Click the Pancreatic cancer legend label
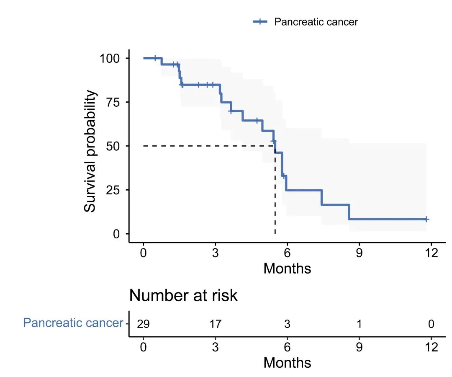[316, 22]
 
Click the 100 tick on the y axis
[110, 58]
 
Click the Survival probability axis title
[90, 152]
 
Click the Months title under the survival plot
[287, 268]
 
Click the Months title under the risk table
[287, 362]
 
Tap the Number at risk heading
[183, 295]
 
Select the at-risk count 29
[144, 324]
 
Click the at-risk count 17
[215, 324]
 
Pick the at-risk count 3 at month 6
[287, 324]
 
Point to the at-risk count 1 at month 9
[359, 324]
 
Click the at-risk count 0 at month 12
[431, 324]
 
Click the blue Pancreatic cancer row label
[73, 323]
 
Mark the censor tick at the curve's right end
[426, 219]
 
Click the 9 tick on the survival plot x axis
[359, 253]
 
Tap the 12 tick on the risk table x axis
[431, 347]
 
